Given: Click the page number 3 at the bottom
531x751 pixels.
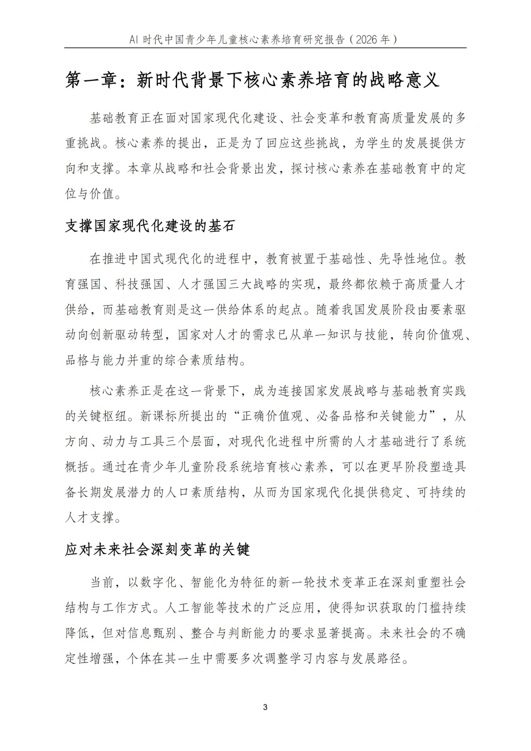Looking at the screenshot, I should click(x=265, y=707).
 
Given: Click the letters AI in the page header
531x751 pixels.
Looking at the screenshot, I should click(x=134, y=40).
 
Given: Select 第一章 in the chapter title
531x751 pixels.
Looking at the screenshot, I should click(x=91, y=80).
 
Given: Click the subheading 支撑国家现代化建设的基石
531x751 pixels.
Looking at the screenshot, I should click(x=150, y=226).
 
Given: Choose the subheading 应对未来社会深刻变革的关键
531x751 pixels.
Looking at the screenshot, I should click(x=157, y=549).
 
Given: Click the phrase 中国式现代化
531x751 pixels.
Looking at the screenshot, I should click(x=165, y=259).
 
